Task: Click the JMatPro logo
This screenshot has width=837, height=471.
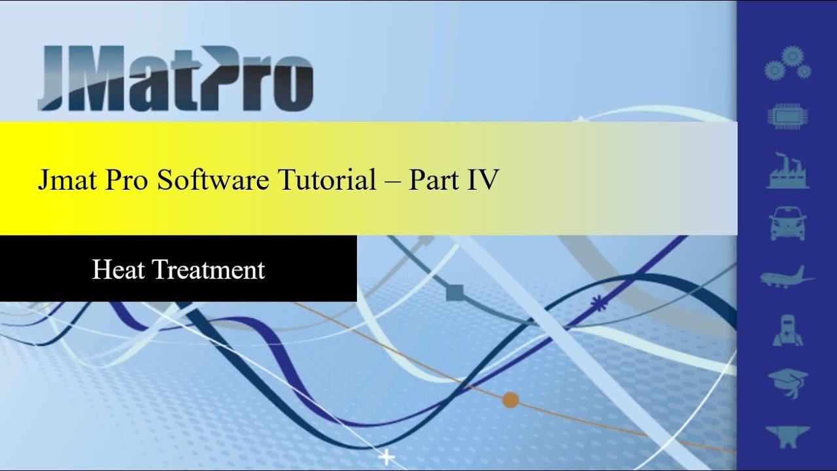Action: pyautogui.click(x=175, y=77)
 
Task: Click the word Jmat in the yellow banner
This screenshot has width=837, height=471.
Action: pyautogui.click(x=63, y=180)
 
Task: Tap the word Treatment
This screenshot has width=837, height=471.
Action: pyautogui.click(x=209, y=270)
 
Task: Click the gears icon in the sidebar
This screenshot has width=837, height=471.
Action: pyautogui.click(x=788, y=63)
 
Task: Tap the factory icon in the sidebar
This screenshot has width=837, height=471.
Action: pyautogui.click(x=788, y=171)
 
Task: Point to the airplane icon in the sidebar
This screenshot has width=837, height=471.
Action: pyautogui.click(x=787, y=277)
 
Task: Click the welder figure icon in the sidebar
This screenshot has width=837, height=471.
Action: pyautogui.click(x=787, y=330)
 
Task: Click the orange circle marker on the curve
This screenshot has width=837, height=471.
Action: pyautogui.click(x=510, y=400)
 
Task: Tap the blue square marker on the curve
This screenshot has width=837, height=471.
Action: pyautogui.click(x=454, y=292)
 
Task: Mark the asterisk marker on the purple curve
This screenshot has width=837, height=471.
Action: pyautogui.click(x=596, y=302)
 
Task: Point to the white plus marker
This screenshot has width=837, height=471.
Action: pyautogui.click(x=388, y=457)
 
